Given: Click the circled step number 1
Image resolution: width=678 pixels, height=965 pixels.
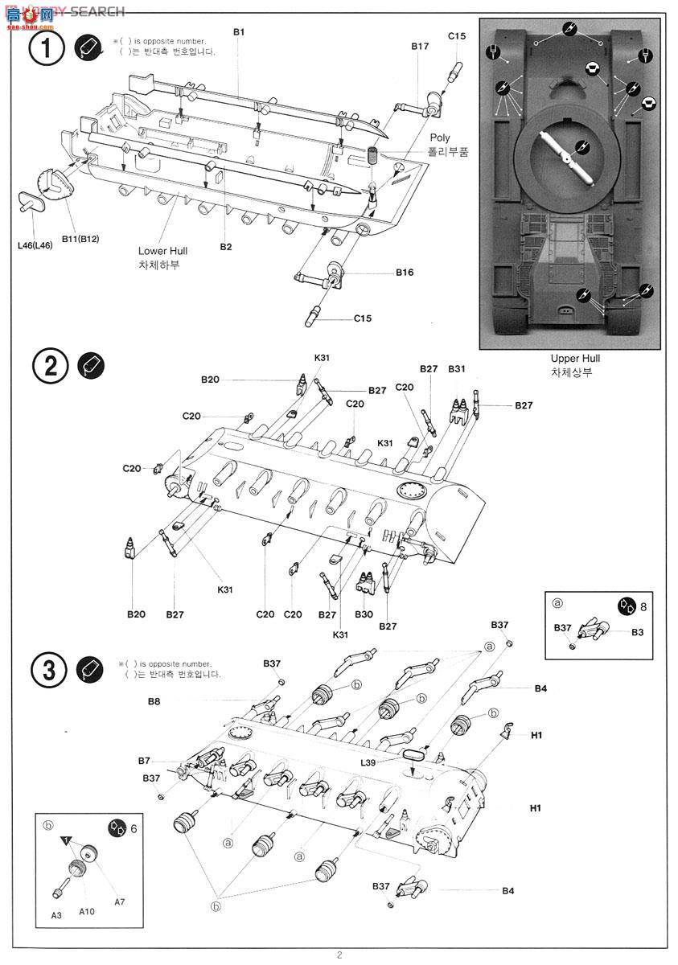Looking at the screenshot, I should [x=47, y=50].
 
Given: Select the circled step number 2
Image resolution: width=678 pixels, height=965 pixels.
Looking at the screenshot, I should [x=50, y=366].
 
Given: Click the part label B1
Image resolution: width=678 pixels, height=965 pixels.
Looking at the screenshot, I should [x=239, y=31].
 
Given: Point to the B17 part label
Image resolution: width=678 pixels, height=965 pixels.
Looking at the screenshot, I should [x=420, y=47].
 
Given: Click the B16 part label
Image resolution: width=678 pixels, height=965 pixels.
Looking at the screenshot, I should [x=405, y=273].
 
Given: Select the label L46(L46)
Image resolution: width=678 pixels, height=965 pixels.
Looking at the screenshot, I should [x=34, y=245].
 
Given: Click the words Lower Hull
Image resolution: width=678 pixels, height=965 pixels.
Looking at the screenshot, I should [x=162, y=251].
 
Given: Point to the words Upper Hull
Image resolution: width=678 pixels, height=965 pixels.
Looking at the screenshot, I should [x=575, y=359].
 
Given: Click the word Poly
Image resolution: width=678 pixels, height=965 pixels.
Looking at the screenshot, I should [x=440, y=138].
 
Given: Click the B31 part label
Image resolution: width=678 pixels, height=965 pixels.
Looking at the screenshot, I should [x=457, y=368].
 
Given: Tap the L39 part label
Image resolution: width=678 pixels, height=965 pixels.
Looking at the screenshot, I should [x=369, y=762].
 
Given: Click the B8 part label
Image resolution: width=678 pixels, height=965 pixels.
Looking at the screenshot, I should [x=154, y=701].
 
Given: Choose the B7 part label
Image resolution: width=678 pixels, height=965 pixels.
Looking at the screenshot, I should [x=144, y=760].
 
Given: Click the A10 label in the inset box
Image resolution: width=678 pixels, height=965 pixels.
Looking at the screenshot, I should [x=87, y=912].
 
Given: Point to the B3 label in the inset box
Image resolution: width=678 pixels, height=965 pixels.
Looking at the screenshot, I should [x=637, y=632].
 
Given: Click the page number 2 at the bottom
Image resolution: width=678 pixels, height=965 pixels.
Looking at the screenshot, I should [x=339, y=955].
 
